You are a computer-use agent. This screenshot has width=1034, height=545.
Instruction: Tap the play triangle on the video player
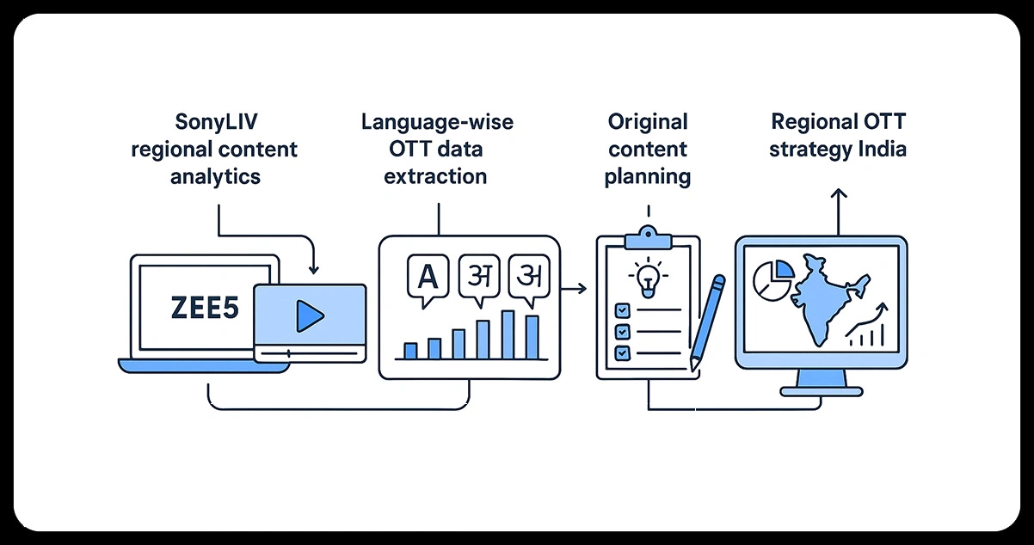click(x=309, y=316)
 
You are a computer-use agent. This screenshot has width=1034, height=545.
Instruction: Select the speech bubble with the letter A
click(x=425, y=279)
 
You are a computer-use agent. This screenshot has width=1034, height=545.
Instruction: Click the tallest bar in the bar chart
click(x=508, y=334)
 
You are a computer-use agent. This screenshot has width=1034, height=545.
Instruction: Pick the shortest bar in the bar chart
click(x=410, y=351)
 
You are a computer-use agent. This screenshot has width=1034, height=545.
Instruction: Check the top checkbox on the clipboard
click(x=619, y=309)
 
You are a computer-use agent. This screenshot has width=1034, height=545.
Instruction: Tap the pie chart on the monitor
click(x=772, y=279)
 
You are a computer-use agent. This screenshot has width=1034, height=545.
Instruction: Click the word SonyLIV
click(x=214, y=122)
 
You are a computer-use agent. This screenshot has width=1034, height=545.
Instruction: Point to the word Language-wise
click(x=437, y=122)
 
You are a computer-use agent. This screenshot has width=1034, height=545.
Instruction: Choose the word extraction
click(x=435, y=177)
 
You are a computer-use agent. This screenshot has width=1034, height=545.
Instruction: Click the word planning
click(x=647, y=177)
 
